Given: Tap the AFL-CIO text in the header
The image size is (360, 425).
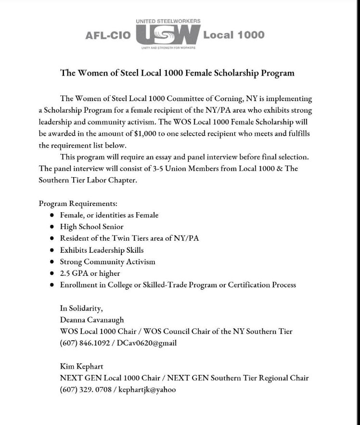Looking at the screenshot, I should [x=107, y=36].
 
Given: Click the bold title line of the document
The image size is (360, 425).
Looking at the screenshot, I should [x=177, y=73].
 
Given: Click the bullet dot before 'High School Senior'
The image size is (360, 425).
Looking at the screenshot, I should [x=51, y=227].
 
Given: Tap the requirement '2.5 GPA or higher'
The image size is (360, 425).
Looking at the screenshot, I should [x=90, y=273].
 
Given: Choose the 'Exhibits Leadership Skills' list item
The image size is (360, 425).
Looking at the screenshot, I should [x=102, y=250].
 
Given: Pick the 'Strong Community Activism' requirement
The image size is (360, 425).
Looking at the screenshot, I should [x=107, y=262].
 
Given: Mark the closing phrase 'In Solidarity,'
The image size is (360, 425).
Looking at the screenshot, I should [x=81, y=308].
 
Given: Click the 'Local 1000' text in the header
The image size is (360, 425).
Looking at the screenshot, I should [x=234, y=35].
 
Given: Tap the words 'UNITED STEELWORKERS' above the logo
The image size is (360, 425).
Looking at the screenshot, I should [x=168, y=21].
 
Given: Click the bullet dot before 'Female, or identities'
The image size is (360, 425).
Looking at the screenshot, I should [x=51, y=215].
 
